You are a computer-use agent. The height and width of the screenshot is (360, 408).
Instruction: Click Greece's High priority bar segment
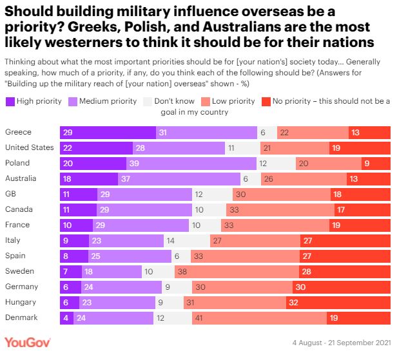(x=108, y=132)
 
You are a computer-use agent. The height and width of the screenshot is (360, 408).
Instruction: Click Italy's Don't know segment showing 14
(x=188, y=240)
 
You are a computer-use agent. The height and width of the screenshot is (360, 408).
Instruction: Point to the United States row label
(x=29, y=147)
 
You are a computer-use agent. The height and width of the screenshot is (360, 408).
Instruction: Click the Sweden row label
(x=19, y=271)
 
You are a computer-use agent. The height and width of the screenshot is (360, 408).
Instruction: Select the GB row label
(x=11, y=194)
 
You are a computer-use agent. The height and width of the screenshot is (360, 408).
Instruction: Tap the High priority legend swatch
(x=10, y=101)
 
